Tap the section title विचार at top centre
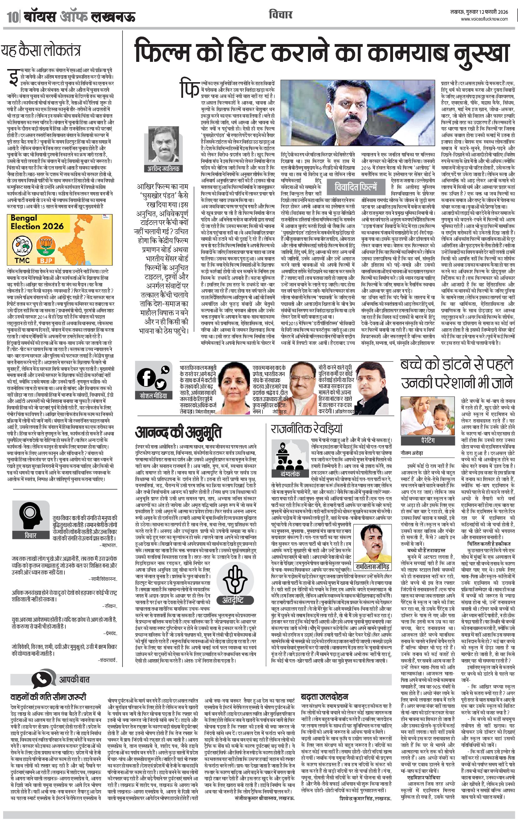(x=281, y=15)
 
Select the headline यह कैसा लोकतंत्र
(x=41, y=51)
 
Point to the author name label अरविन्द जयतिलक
(x=163, y=168)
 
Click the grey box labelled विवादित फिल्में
(x=356, y=187)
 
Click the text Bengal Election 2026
(x=37, y=222)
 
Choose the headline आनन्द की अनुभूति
(x=178, y=432)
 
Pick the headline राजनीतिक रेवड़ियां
(x=306, y=429)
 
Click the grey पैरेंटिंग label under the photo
(x=428, y=441)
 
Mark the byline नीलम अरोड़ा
(x=412, y=453)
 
